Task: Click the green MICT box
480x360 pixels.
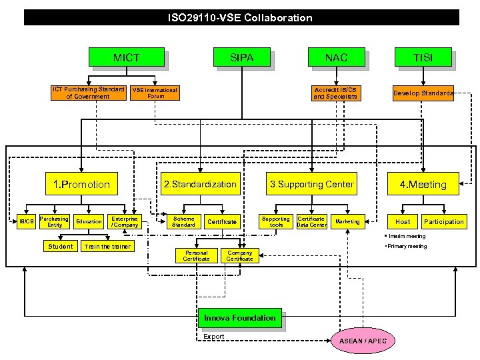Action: point(126,58)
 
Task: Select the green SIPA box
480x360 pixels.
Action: point(241,58)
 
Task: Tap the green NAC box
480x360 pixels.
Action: point(336,58)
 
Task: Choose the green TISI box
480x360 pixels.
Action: point(423,58)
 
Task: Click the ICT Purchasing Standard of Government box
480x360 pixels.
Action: point(88,93)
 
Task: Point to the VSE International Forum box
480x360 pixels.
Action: point(155,93)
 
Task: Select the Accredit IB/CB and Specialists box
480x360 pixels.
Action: point(335,93)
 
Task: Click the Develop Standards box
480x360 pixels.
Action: point(423,93)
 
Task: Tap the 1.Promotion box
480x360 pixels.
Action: point(81,184)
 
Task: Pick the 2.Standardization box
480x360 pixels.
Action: point(200,184)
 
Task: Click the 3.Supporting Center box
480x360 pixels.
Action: point(311,184)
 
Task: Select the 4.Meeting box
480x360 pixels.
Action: point(423,184)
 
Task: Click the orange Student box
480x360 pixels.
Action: point(61,247)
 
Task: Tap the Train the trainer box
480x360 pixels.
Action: point(107,247)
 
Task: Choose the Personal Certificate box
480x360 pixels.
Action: point(196,256)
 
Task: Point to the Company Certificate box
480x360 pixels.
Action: point(239,256)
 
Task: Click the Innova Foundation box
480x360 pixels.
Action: point(239,318)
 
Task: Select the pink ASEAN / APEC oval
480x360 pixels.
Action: point(363,341)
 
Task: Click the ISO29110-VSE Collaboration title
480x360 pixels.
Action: point(240,18)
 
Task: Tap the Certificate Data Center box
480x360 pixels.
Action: point(311,221)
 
